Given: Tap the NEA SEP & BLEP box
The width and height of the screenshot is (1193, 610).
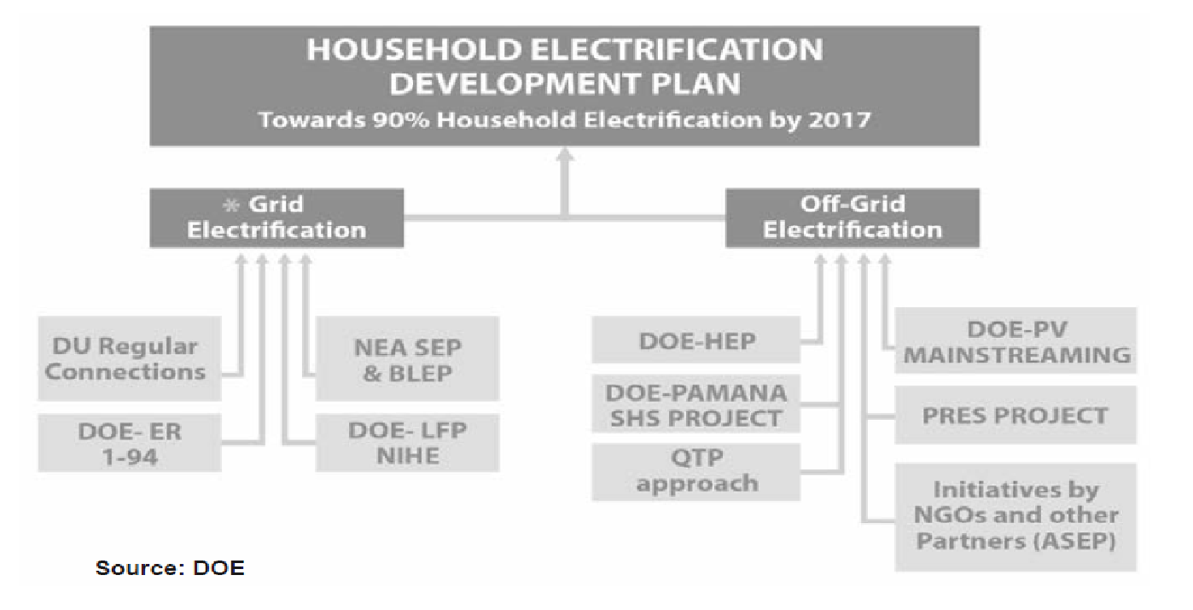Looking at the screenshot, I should pyautogui.click(x=407, y=359).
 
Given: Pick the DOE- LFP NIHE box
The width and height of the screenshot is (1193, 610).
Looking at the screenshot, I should pyautogui.click(x=407, y=443).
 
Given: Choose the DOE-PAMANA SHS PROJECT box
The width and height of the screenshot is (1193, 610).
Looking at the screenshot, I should pyautogui.click(x=697, y=405).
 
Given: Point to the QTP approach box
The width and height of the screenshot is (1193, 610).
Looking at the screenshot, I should pyautogui.click(x=697, y=471).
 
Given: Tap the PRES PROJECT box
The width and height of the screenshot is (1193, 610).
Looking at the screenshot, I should pyautogui.click(x=1016, y=415).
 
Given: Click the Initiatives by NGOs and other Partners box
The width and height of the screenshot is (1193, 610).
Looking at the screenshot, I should pyautogui.click(x=1016, y=515).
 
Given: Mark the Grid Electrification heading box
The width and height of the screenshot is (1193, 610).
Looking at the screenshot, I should pyautogui.click(x=276, y=218).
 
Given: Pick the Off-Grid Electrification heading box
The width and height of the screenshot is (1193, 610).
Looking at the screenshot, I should pyautogui.click(x=852, y=218).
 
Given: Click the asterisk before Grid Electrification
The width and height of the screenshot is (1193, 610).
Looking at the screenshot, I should pyautogui.click(x=229, y=206).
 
